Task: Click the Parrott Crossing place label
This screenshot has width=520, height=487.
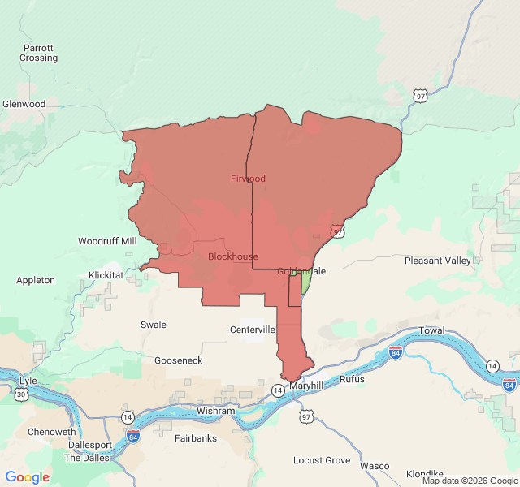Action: [x=38, y=53]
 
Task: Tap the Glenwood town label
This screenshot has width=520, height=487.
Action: [x=24, y=104]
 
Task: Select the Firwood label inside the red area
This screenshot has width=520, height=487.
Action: [x=248, y=179]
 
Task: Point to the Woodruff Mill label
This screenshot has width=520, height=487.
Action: [x=107, y=241]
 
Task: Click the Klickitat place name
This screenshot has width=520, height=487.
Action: [x=106, y=275]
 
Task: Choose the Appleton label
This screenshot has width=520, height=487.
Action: [x=36, y=280]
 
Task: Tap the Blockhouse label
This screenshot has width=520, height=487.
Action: [x=232, y=256]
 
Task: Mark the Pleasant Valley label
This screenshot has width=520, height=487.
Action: [x=437, y=261]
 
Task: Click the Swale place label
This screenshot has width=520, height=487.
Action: [x=154, y=325]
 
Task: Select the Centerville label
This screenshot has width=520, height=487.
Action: [x=253, y=330]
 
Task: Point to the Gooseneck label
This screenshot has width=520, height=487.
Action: [x=178, y=360]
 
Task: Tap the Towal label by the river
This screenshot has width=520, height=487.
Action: [x=431, y=331]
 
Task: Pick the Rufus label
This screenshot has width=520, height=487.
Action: [x=352, y=379]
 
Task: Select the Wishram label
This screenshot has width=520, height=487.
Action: [x=215, y=412]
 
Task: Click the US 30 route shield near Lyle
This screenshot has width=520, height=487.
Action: [x=20, y=394]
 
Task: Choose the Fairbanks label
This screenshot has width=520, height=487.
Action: [x=196, y=438]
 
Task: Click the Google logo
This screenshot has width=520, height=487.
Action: [x=28, y=477]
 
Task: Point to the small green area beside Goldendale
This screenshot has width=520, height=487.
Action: [x=305, y=282]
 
